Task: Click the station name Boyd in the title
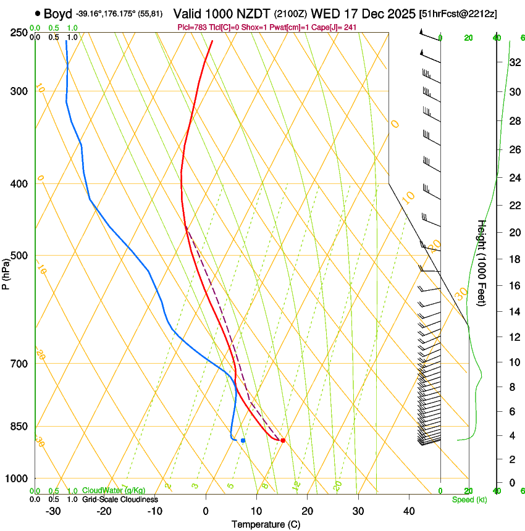[58, 13]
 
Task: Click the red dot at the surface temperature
[282, 440]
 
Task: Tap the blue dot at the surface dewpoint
[243, 440]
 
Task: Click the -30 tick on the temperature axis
[53, 511]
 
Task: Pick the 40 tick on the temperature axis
[409, 511]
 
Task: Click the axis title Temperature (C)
[266, 524]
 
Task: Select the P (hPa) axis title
[6, 269]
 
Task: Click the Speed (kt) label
[469, 500]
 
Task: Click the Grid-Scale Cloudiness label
[120, 500]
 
